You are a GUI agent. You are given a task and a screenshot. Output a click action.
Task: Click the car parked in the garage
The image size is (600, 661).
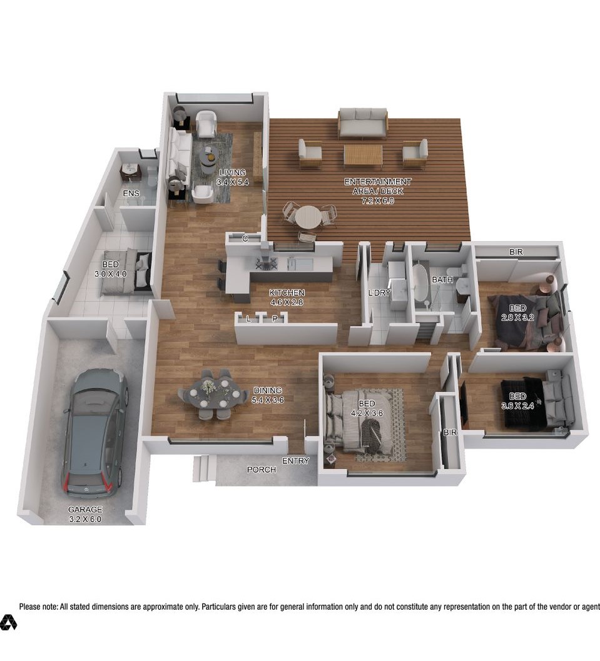[95, 432]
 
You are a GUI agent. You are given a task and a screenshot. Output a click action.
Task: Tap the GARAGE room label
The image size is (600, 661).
[85, 509]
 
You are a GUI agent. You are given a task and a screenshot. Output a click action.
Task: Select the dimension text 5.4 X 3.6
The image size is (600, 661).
[267, 400]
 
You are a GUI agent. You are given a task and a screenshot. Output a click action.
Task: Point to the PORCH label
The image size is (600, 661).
[262, 469]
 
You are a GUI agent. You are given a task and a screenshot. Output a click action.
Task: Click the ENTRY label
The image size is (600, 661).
[295, 461]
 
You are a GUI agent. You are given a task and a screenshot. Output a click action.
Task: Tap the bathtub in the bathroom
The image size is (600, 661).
[420, 283]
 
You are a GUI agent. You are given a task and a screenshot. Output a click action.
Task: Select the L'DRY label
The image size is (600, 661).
[380, 292]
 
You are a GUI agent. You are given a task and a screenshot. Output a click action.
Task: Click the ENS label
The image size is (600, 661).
[131, 193]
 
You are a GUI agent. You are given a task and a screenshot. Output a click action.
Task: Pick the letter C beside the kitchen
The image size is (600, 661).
[245, 239]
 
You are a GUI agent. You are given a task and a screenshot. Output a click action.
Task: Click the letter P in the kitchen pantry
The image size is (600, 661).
[275, 319]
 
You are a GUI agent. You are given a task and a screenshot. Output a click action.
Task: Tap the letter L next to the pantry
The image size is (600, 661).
[249, 319]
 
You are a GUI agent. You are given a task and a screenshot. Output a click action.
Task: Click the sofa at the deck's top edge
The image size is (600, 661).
[363, 123]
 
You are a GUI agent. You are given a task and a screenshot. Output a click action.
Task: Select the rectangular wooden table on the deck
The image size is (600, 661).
[363, 154]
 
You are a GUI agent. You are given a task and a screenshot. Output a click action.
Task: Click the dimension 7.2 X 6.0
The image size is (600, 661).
[378, 201]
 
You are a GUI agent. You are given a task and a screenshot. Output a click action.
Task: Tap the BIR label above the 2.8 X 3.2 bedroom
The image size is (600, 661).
[516, 251]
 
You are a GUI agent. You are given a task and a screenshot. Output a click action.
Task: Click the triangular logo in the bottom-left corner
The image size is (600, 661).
[8, 622]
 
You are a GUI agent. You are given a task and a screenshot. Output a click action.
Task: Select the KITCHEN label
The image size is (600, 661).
[287, 293]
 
